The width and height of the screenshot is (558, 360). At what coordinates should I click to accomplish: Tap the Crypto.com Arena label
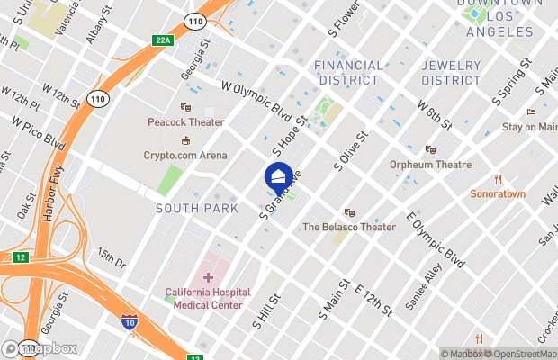point(185,155)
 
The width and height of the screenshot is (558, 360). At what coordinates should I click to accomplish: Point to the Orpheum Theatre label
point(430,165)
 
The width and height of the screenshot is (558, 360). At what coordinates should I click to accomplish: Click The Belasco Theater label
point(349,227)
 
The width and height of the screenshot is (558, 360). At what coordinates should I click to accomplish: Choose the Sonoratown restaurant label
point(497,193)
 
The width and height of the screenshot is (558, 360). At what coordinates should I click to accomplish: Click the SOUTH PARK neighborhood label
point(197,208)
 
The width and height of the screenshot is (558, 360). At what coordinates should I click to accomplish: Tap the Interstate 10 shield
point(130,321)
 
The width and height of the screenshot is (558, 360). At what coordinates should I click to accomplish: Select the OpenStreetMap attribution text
point(522,353)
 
